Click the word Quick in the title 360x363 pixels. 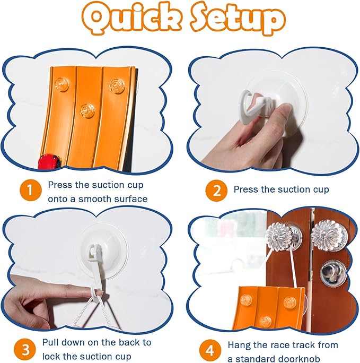pos(132,18)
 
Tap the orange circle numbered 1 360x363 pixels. pos(31,190)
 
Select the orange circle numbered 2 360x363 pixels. pos(216,191)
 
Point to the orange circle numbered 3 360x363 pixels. pos(25,349)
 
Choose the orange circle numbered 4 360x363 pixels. pos(210,350)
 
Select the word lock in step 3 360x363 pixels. pos(50,356)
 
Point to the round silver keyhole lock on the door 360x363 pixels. pos(333,273)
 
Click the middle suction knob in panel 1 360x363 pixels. pos(87,110)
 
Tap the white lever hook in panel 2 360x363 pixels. pos(251,105)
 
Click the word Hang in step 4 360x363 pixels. pos(239,345)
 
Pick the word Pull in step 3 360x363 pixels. pos(50,342)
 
